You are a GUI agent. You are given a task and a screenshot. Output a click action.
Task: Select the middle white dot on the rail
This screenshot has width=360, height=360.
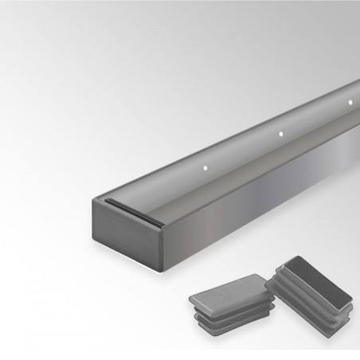pos(280,134)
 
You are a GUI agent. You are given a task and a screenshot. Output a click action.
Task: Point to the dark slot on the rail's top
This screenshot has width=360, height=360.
pos(127,203)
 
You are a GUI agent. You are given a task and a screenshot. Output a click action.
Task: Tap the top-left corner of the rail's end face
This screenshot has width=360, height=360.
pos(95,202)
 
